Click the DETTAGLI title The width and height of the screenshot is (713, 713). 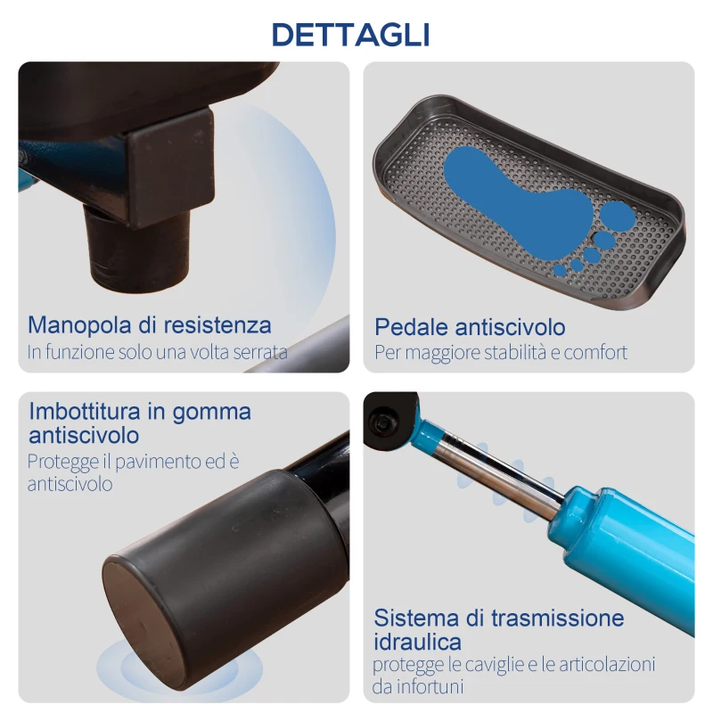point(350,34)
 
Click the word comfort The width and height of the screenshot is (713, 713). point(594,352)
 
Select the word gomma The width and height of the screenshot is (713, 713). point(216,413)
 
